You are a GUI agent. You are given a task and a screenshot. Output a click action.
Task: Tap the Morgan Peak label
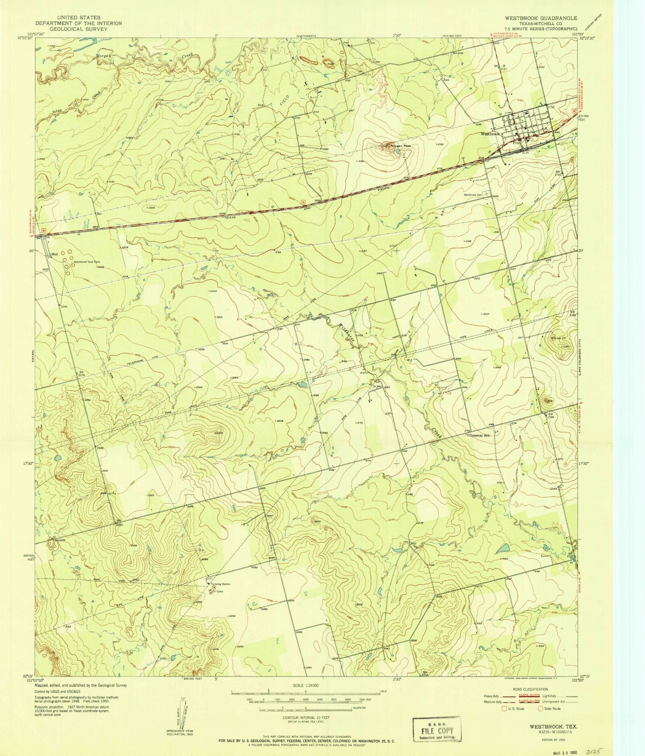coord(401,146)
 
